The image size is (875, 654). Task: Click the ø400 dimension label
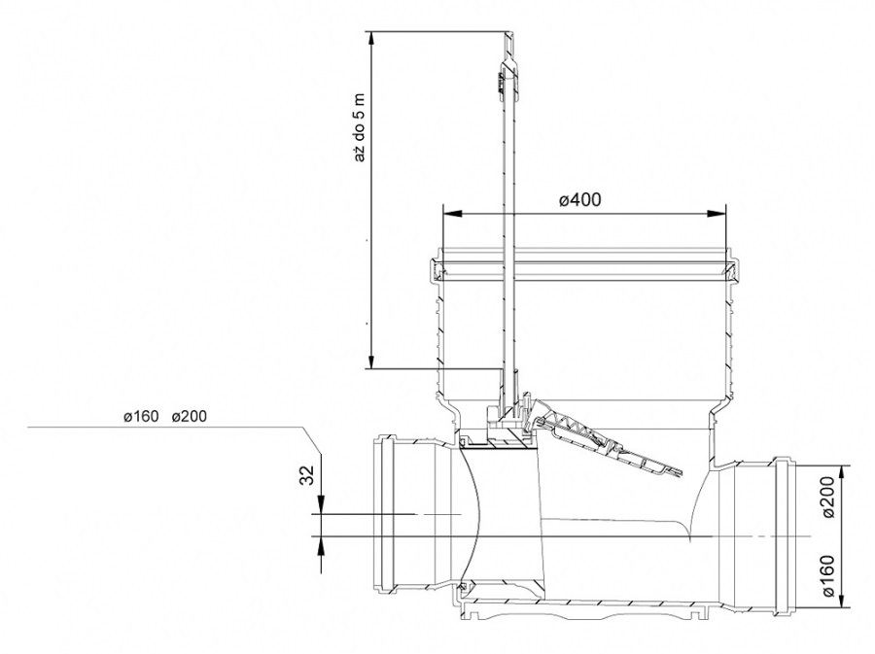point(580,199)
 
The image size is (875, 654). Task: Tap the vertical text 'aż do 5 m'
point(360,126)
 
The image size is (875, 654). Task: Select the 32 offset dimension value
point(307,474)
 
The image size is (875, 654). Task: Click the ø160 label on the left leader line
point(141,417)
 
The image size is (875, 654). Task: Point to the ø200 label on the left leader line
point(190,417)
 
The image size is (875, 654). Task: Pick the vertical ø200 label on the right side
point(828,498)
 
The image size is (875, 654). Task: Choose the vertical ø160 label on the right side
point(828,575)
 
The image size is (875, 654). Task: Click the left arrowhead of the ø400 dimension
point(452,213)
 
